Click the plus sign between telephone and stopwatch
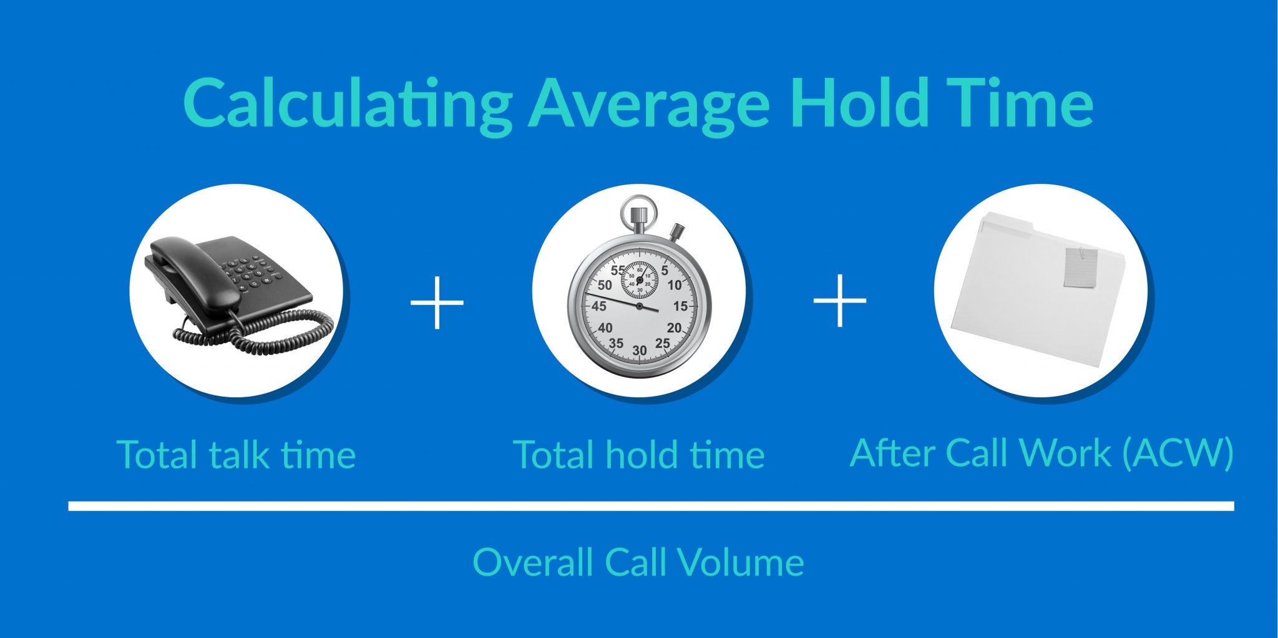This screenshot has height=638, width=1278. [437, 302]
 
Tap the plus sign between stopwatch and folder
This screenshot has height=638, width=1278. [840, 301]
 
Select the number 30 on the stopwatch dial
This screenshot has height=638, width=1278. [639, 350]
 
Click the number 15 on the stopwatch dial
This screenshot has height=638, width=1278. [680, 306]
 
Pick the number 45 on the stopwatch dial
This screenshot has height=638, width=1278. [598, 306]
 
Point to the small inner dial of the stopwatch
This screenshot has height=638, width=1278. [639, 280]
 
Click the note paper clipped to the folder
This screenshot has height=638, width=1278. [1080, 267]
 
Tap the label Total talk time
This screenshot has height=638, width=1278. [236, 454]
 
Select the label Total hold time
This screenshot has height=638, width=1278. [638, 454]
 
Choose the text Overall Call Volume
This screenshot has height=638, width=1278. [638, 562]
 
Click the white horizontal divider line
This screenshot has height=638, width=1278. [651, 506]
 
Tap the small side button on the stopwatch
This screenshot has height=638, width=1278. [676, 231]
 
